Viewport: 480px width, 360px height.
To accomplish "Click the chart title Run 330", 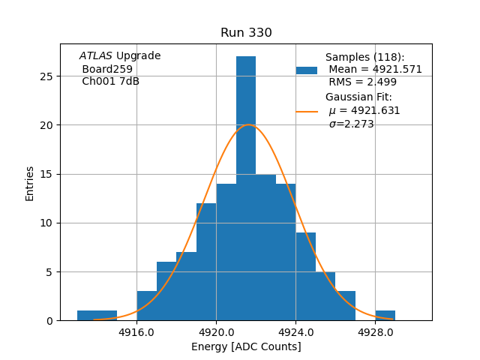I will click(246, 33).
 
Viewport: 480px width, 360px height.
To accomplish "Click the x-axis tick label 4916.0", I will click(136, 331).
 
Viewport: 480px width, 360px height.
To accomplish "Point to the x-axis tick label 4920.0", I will click(216, 331).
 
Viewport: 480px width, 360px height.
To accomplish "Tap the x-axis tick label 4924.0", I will click(295, 331).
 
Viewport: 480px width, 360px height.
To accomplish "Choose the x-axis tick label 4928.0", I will click(375, 331).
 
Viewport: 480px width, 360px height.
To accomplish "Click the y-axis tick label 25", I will click(46, 76).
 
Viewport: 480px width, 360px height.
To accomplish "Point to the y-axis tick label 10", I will click(46, 223).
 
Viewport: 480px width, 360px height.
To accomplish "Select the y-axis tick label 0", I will click(49, 320).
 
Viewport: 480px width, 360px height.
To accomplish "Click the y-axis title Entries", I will click(30, 184).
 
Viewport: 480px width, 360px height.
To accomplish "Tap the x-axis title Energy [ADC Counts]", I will click(246, 346).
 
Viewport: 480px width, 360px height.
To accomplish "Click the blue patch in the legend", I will click(307, 70).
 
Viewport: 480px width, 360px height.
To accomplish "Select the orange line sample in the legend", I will click(307, 111).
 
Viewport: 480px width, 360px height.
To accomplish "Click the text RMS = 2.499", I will click(363, 82).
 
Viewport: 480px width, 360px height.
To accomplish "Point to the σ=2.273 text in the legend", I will click(351, 124).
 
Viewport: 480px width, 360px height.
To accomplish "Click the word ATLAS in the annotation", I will click(96, 56).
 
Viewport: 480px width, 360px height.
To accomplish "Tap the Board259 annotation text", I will click(107, 69).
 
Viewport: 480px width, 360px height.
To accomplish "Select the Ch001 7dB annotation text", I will click(110, 82).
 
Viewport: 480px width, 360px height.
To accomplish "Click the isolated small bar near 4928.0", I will click(385, 316).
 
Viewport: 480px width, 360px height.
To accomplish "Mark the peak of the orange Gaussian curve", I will click(249, 125).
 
